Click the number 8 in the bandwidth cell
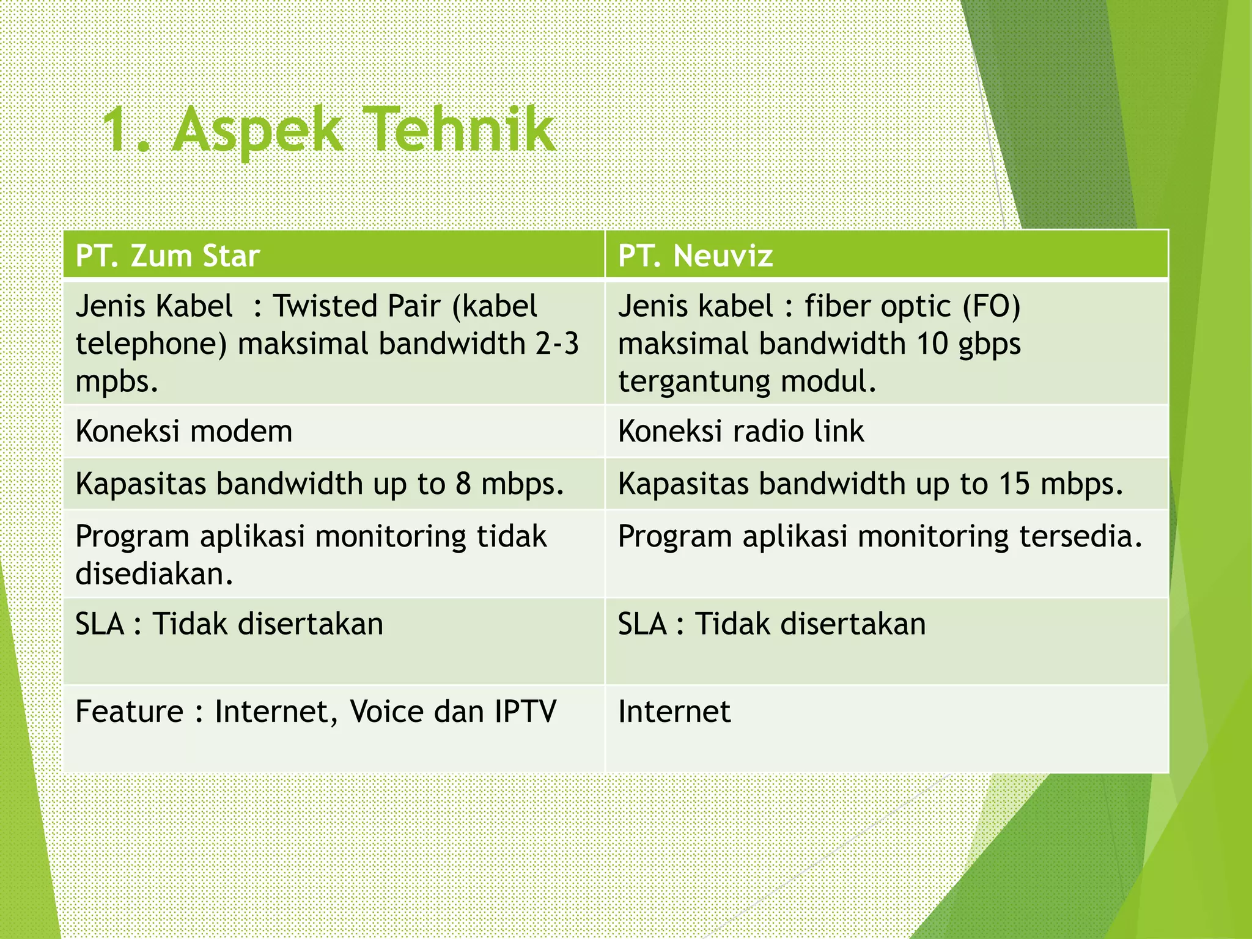(x=463, y=484)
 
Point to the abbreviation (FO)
(x=992, y=306)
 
